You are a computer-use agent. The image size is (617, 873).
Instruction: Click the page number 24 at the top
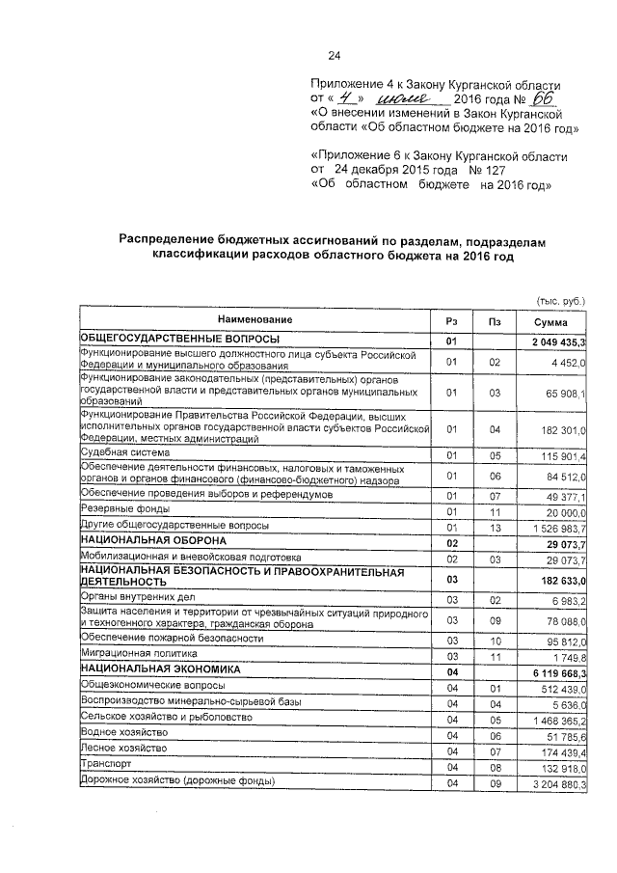coord(335,54)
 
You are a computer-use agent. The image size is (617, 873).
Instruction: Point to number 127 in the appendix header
coord(481,171)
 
